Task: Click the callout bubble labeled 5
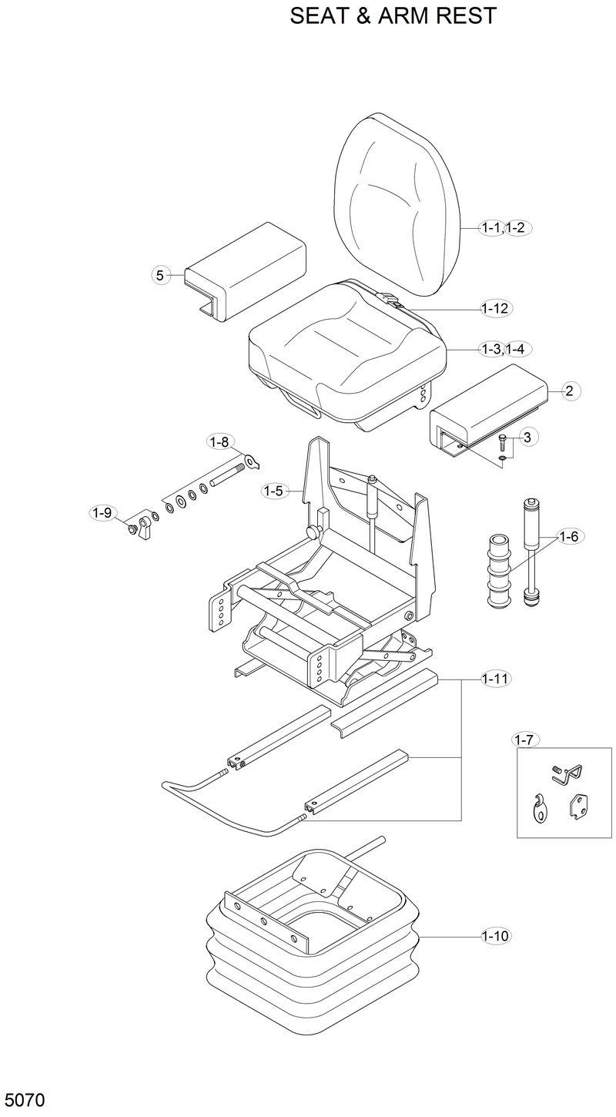(x=159, y=275)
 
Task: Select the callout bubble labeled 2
(x=568, y=391)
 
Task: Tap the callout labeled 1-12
(x=495, y=309)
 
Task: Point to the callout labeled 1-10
(x=495, y=937)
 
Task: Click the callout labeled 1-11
(x=495, y=679)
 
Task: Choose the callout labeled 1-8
(x=219, y=442)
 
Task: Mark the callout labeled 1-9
(x=102, y=512)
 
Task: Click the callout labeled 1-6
(x=568, y=536)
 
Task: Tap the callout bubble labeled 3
(x=526, y=438)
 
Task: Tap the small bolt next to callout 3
(x=501, y=443)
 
